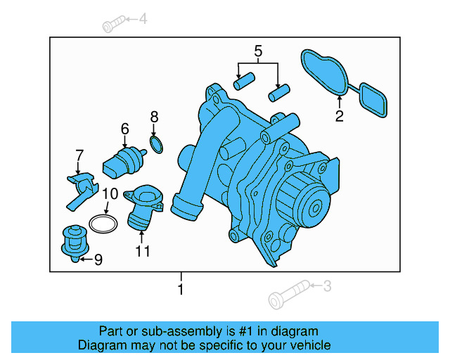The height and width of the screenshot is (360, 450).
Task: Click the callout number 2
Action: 339,116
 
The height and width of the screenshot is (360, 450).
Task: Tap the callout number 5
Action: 258,51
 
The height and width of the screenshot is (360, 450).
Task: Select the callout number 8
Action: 154,117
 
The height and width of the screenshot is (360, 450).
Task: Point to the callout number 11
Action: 143,251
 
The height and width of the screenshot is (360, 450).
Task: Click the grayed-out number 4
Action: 143,19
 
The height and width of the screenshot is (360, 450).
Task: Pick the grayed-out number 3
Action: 327,286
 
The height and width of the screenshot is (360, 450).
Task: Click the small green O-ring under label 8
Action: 157,145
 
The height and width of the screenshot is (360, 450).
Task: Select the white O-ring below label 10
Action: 103,224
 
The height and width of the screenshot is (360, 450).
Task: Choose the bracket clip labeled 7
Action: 82,191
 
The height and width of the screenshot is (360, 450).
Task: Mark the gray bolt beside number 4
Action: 114,23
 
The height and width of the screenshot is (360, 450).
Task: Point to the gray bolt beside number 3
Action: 289,295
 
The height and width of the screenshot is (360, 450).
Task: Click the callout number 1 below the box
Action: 181,289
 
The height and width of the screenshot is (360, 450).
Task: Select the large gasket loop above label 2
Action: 324,72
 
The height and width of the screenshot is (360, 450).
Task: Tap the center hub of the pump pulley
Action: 316,208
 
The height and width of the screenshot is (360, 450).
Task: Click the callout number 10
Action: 110,194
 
